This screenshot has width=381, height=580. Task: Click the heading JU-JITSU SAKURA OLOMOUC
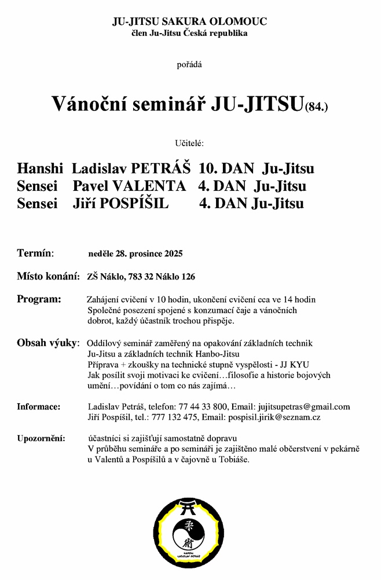click(190, 22)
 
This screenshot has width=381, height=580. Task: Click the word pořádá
click(189, 64)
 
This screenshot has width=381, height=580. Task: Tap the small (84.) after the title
click(316, 107)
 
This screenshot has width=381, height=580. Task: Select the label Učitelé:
click(189, 143)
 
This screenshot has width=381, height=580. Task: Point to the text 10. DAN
click(226, 169)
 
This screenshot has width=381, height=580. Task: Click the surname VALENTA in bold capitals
click(153, 186)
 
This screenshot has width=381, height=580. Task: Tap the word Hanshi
click(40, 169)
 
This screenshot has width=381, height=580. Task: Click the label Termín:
click(35, 253)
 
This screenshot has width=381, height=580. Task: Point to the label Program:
click(39, 299)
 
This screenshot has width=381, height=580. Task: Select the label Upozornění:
click(41, 437)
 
